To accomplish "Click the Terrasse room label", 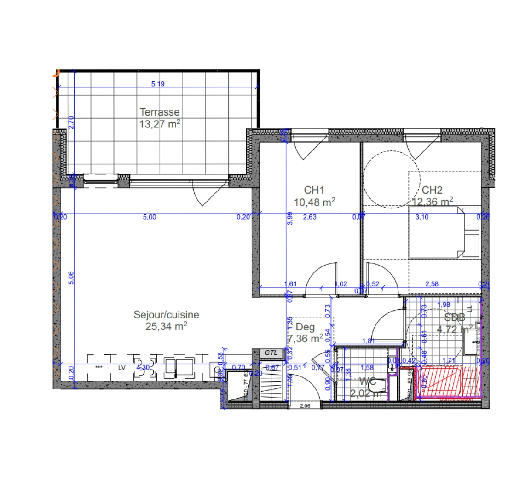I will click(x=160, y=112).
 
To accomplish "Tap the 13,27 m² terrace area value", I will click(x=160, y=124).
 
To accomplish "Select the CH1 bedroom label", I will click(x=314, y=190).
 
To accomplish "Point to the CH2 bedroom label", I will click(x=432, y=190).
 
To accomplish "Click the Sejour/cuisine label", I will click(x=166, y=315).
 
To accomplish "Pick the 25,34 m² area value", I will click(x=166, y=326).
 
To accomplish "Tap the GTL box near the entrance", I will click(x=271, y=353).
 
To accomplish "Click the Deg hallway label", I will click(x=305, y=327).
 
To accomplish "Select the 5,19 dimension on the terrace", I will click(x=158, y=84).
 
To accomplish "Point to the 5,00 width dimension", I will click(x=150, y=217).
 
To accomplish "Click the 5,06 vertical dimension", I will click(x=71, y=277).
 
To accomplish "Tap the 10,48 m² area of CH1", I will click(x=314, y=202).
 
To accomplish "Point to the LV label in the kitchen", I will click(x=122, y=368).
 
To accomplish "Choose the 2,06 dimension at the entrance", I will click(x=305, y=406).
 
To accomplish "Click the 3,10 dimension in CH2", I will click(x=421, y=217).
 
